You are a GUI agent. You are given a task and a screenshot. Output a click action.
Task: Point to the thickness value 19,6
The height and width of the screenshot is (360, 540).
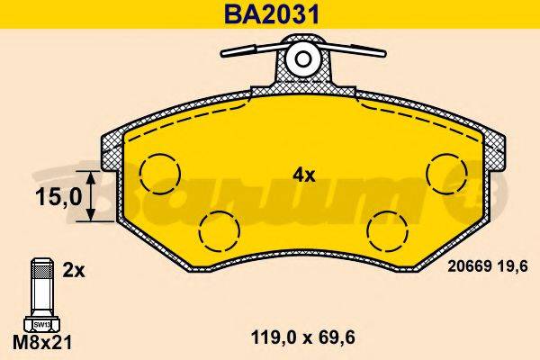coord(509,265)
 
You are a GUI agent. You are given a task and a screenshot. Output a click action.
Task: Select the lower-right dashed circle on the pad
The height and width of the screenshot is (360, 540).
coord(387,230)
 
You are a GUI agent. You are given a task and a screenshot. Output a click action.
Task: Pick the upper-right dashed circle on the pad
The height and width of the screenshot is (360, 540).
coord(445,171)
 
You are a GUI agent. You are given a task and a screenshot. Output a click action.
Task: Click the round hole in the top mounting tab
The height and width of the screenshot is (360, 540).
coord(303,60)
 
